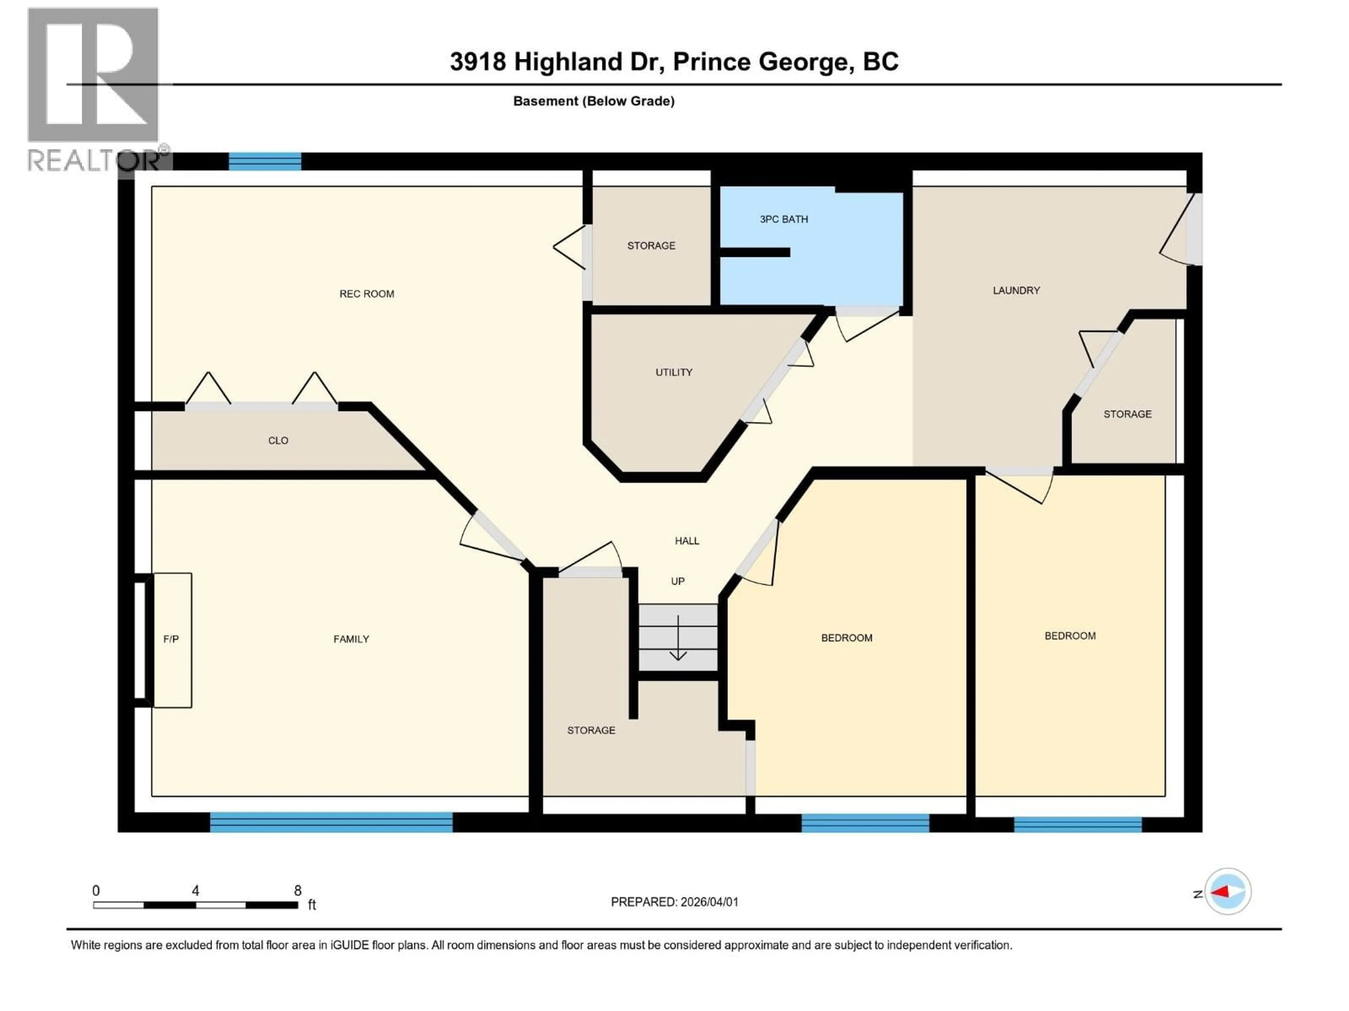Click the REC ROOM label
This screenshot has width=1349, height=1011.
(x=366, y=294)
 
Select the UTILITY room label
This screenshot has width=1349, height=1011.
(x=674, y=372)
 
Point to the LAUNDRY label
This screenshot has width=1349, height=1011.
(x=1016, y=291)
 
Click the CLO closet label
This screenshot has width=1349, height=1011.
(x=278, y=441)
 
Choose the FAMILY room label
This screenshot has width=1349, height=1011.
(x=351, y=639)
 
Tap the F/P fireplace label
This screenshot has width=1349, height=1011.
(x=171, y=639)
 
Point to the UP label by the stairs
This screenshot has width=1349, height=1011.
(x=678, y=581)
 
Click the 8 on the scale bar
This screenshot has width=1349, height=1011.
(x=298, y=890)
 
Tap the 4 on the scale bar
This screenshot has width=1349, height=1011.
(x=195, y=890)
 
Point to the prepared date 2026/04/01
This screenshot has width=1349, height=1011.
(x=709, y=902)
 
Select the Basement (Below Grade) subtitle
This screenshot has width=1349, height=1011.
(x=593, y=101)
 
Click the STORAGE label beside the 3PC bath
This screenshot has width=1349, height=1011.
(x=651, y=246)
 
